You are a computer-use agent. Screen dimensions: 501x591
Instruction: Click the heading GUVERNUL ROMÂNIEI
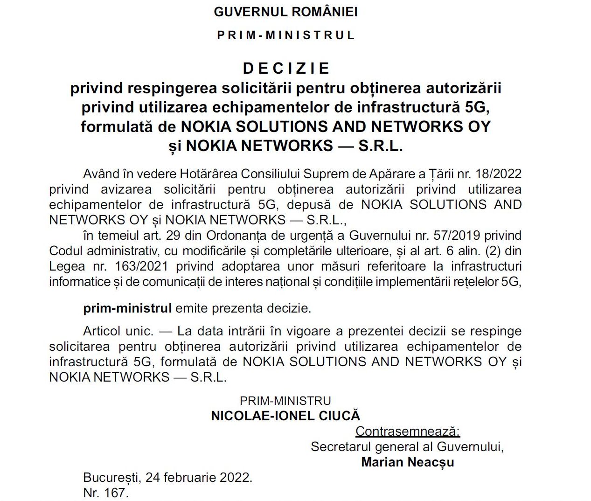pyautogui.click(x=285, y=12)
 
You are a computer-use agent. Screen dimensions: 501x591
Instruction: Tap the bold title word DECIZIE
pyautogui.click(x=286, y=69)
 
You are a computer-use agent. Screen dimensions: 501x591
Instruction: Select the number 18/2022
pyautogui.click(x=498, y=174)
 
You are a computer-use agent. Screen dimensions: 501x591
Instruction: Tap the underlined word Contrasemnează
pyautogui.click(x=408, y=431)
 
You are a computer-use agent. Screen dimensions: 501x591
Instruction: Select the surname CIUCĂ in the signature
pyautogui.click(x=340, y=416)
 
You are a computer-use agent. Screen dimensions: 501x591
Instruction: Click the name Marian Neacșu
pyautogui.click(x=408, y=462)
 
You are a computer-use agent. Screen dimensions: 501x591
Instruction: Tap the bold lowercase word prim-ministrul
pyautogui.click(x=127, y=308)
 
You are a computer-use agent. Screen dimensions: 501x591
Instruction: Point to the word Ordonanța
pyautogui.click(x=236, y=236)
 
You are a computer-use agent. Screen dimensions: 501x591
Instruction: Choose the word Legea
pyautogui.click(x=67, y=266)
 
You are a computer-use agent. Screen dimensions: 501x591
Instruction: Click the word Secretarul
pyautogui.click(x=341, y=447)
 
